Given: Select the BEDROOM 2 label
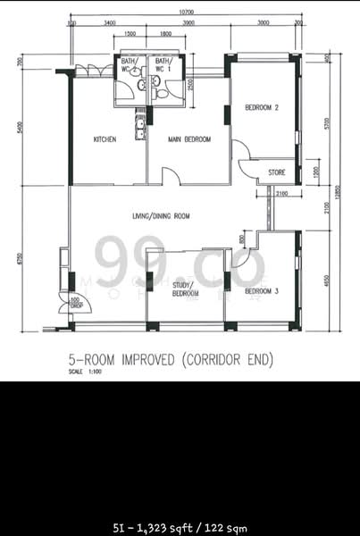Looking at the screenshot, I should click(263, 108).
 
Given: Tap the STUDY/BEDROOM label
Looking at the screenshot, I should click(185, 289).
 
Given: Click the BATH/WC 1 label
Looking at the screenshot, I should click(163, 66).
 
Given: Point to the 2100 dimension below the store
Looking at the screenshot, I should click(281, 193).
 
